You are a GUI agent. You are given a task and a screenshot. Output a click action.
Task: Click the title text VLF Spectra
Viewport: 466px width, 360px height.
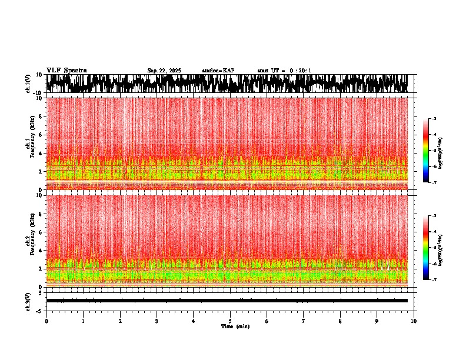pyautogui.click(x=66, y=70)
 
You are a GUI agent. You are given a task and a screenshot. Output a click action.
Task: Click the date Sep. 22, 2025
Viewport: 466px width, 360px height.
pyautogui.click(x=164, y=71)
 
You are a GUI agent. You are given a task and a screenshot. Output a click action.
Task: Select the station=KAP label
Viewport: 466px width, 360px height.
pyautogui.click(x=218, y=71)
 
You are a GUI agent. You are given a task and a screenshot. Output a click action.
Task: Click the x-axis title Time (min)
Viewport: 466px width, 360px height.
pyautogui.click(x=235, y=326)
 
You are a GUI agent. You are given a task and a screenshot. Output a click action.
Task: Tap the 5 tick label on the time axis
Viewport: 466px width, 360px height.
pyautogui.click(x=230, y=321)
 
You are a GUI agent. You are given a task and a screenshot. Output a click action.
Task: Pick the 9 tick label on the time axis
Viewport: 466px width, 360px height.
pyautogui.click(x=377, y=321)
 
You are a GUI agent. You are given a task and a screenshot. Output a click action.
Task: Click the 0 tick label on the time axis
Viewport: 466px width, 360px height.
pyautogui.click(x=46, y=321)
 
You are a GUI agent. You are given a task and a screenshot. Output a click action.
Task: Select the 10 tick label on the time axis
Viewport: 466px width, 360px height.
pyautogui.click(x=414, y=321)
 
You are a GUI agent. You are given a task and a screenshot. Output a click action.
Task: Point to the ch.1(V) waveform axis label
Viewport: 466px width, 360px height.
pyautogui.click(x=28, y=84)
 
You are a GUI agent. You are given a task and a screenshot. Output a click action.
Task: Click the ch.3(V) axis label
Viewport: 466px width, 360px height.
pyautogui.click(x=28, y=301)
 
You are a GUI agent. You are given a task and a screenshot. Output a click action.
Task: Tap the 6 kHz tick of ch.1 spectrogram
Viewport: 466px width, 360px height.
pyautogui.click(x=40, y=135)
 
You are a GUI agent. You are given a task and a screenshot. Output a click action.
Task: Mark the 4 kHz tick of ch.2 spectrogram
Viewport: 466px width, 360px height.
pyautogui.click(x=40, y=250)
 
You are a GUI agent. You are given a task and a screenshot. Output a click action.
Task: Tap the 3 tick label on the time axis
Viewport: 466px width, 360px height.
pyautogui.click(x=157, y=321)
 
